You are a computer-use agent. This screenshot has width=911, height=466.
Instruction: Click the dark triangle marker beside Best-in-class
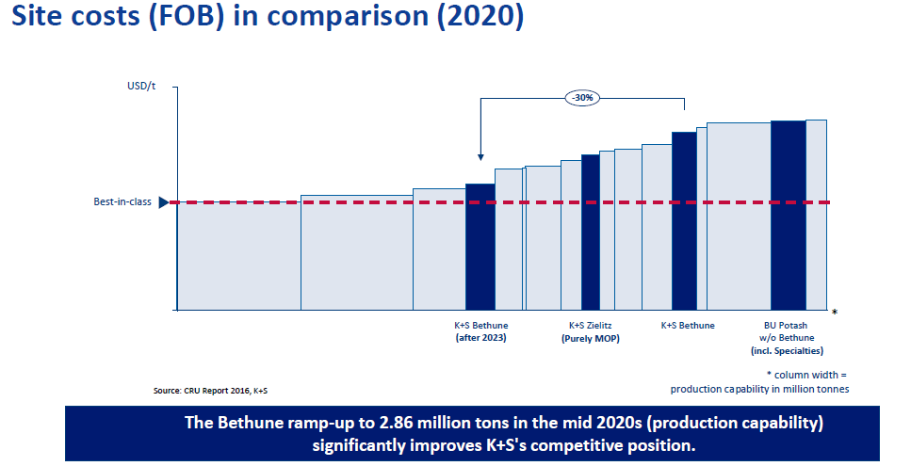point(164,202)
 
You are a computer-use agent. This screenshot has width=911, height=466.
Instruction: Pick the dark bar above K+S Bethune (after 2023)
point(480,246)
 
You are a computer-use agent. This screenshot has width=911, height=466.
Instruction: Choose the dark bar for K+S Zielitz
point(591,232)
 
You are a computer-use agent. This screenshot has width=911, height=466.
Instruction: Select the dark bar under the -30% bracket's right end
point(684,220)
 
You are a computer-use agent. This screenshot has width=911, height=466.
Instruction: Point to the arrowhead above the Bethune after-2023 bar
point(480,158)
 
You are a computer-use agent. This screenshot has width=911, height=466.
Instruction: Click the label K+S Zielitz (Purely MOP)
point(591,331)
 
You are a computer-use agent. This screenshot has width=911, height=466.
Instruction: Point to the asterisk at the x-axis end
point(835,312)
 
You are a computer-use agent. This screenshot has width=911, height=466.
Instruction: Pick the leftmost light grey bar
point(238,255)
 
